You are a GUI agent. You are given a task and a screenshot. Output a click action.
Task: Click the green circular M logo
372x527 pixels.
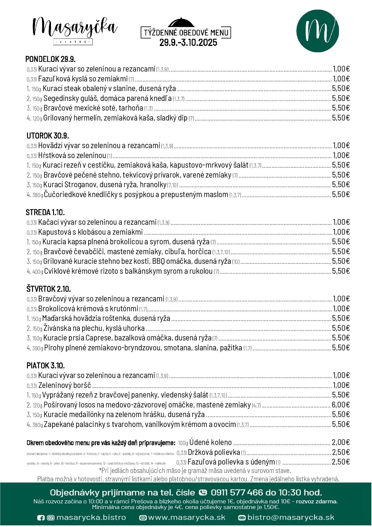pyautogui.click(x=317, y=31)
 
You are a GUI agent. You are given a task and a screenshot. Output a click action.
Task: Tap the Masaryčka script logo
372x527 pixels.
pyautogui.click(x=75, y=27)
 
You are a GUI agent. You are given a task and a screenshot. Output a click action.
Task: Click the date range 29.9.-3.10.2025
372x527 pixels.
pyautogui.click(x=188, y=43)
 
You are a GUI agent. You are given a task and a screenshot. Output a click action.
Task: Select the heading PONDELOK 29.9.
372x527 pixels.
pyautogui.click(x=50, y=59)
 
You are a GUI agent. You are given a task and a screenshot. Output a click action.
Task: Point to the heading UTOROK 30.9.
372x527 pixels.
pyautogui.click(x=48, y=135)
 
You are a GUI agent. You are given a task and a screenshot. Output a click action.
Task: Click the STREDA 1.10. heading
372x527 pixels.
pyautogui.click(x=45, y=212)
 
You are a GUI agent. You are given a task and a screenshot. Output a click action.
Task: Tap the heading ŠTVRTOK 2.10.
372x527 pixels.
pyautogui.click(x=48, y=289)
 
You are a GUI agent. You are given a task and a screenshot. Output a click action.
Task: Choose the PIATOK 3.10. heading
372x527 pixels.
pyautogui.click(x=46, y=365)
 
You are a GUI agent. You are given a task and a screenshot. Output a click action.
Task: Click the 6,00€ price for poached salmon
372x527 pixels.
pyautogui.click(x=341, y=405)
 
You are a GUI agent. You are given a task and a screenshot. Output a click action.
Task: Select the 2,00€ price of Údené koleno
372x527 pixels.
pyautogui.click(x=341, y=442)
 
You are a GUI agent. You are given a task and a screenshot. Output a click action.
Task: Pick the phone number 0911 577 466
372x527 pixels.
pyautogui.click(x=237, y=492)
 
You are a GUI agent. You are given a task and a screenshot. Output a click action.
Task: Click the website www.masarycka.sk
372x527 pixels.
pyautogui.click(x=187, y=518)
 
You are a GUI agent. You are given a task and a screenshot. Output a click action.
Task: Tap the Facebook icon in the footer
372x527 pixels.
pyautogui.click(x=40, y=518)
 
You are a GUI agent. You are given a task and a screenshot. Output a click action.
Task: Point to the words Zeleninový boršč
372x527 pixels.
pyautogui.click(x=64, y=385)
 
